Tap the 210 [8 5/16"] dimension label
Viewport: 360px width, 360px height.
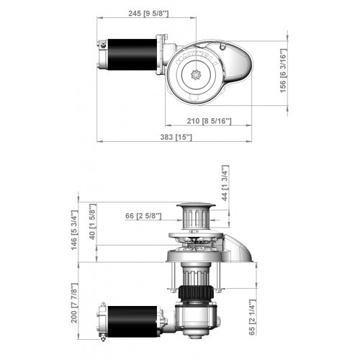(206, 121)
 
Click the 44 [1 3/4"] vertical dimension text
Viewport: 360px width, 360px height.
(225, 184)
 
